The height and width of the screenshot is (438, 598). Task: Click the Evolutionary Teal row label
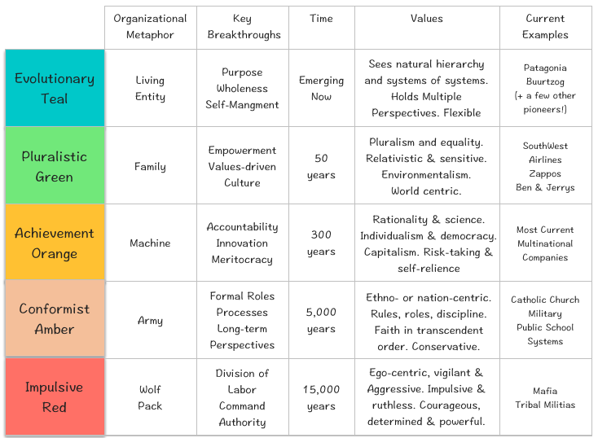click(x=55, y=88)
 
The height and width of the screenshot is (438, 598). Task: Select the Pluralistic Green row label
click(x=55, y=166)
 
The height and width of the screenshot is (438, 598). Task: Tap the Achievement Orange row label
click(x=55, y=243)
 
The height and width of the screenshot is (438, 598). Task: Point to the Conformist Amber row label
click(x=55, y=320)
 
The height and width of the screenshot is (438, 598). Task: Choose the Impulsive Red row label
click(x=55, y=396)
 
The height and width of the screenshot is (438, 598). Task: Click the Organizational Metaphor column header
click(x=150, y=26)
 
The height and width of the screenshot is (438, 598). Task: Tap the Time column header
click(x=321, y=18)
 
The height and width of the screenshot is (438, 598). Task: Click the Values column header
click(x=427, y=18)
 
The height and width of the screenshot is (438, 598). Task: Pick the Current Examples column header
click(x=546, y=26)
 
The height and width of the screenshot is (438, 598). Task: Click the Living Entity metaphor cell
click(x=150, y=88)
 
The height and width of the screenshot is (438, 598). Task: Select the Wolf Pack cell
click(x=150, y=397)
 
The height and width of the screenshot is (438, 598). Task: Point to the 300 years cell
click(x=321, y=243)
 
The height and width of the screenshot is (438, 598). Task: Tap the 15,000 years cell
click(x=321, y=397)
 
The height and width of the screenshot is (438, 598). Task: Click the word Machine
click(x=150, y=243)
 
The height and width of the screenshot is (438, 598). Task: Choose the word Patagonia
click(x=546, y=68)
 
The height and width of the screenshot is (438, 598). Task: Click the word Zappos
click(x=546, y=173)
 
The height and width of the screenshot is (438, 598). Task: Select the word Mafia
click(x=546, y=391)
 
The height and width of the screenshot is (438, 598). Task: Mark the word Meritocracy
click(x=243, y=259)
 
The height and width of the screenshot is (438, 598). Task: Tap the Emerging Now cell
click(x=321, y=88)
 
